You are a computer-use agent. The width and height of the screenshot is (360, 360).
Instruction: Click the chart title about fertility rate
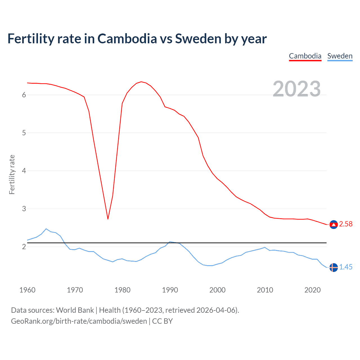[137, 39]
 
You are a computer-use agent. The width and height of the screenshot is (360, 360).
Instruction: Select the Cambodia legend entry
[305, 56]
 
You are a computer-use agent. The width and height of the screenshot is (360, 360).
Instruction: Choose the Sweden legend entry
[340, 56]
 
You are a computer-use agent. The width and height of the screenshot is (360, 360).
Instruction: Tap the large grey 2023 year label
[297, 89]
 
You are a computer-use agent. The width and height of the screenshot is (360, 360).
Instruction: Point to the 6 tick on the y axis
[24, 95]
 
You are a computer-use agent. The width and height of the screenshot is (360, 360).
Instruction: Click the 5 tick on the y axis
[24, 133]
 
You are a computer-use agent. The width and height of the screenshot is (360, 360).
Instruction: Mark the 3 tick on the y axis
[24, 209]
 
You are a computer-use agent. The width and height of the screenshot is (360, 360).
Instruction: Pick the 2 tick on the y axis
[24, 247]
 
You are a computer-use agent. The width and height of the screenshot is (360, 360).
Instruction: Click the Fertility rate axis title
[12, 174]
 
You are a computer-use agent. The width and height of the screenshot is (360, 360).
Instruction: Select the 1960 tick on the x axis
[27, 290]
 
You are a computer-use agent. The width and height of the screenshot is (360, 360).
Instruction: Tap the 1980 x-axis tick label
[122, 290]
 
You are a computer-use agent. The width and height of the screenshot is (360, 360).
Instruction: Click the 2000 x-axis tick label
[217, 290]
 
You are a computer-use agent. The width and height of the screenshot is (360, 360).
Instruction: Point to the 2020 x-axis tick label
[312, 290]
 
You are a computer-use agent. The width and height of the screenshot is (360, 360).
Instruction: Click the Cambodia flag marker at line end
[334, 224]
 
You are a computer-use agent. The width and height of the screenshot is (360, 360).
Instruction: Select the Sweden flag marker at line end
[334, 267]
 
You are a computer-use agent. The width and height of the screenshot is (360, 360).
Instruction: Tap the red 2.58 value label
[346, 224]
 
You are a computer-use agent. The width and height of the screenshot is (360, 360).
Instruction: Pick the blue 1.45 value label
[346, 267]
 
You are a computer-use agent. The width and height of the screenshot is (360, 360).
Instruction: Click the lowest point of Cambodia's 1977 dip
[108, 219]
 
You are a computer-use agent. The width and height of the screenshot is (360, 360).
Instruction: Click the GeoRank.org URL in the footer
[79, 321]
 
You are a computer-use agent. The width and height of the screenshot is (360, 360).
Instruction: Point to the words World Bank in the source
[75, 310]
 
